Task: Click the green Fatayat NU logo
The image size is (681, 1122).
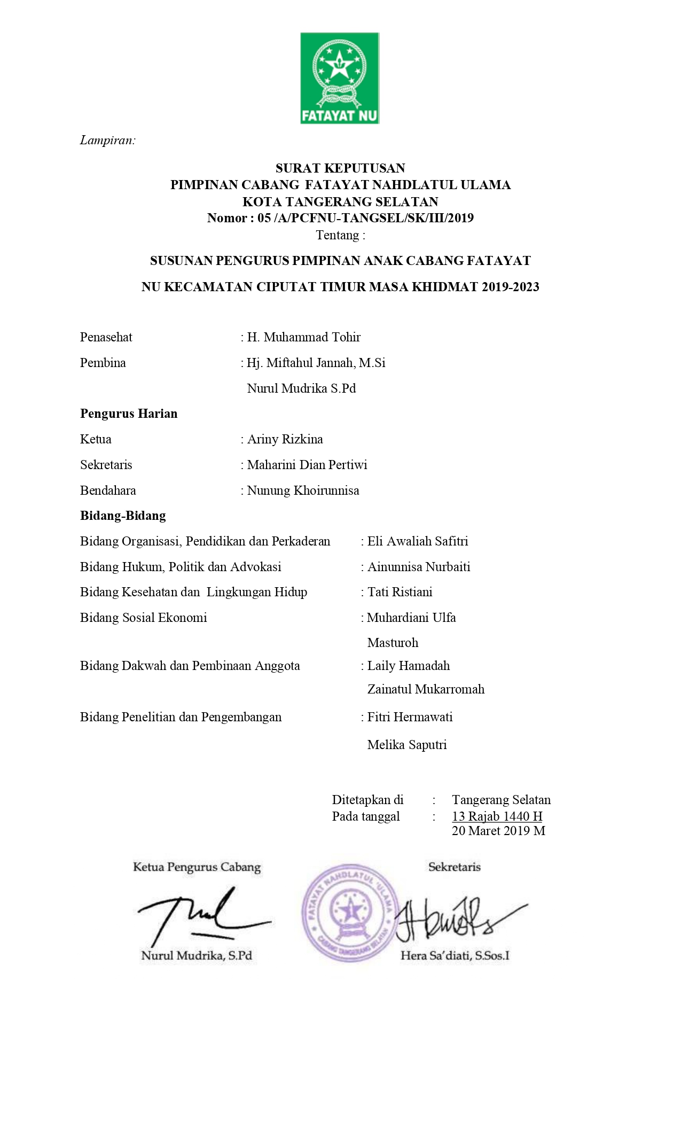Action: (x=339, y=78)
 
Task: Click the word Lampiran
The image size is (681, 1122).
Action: (x=107, y=141)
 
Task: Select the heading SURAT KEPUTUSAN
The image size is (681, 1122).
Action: (x=340, y=168)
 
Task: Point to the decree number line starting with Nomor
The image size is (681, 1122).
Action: (x=340, y=218)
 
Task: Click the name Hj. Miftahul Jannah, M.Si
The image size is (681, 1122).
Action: (x=316, y=363)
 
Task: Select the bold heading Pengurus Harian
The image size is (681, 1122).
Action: (x=129, y=414)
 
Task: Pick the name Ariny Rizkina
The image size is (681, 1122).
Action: (x=285, y=439)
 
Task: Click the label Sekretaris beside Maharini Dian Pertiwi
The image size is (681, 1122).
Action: (x=106, y=465)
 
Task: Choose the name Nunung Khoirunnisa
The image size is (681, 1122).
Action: (x=303, y=490)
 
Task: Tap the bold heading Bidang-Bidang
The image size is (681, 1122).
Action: (x=123, y=516)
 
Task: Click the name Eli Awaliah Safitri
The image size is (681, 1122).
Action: (x=418, y=541)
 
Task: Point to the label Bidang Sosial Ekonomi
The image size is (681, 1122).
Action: (x=143, y=618)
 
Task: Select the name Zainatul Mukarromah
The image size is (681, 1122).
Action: (x=426, y=689)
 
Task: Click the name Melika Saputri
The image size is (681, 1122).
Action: (x=407, y=745)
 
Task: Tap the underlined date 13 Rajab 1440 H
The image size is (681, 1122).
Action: (x=497, y=816)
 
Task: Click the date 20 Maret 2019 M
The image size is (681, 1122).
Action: (x=498, y=831)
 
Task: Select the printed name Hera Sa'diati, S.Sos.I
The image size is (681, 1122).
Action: (x=455, y=956)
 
